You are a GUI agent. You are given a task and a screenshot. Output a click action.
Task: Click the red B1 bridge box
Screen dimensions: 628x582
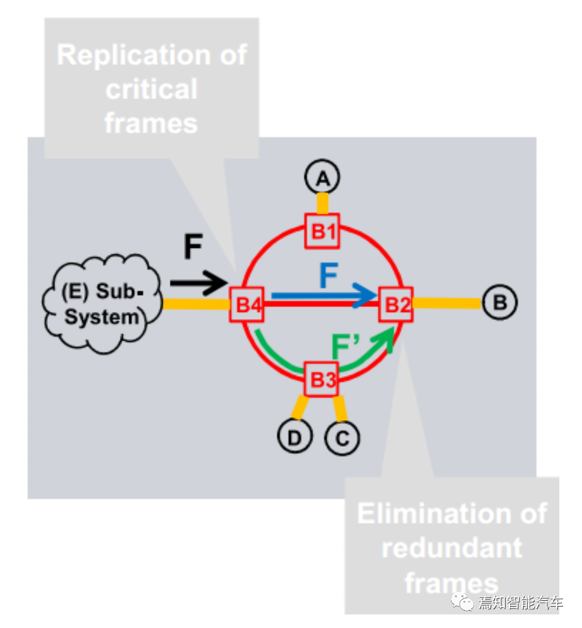tap(323, 231)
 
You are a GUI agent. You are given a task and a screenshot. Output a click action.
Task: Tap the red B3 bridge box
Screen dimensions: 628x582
tap(322, 379)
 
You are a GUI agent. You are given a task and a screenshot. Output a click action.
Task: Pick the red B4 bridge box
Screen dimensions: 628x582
tap(247, 304)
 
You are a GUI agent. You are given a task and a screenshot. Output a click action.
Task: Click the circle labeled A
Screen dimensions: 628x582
tap(322, 178)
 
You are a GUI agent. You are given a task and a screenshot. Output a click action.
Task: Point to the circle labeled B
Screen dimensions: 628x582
tap(499, 302)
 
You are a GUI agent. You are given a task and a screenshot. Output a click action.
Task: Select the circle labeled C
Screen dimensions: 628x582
tap(342, 438)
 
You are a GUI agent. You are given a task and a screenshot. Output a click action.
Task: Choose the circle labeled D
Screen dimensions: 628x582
tap(295, 438)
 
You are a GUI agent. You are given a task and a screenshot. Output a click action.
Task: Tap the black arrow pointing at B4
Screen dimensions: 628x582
tap(198, 282)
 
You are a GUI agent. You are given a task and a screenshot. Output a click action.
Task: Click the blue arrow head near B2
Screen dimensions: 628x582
tap(368, 296)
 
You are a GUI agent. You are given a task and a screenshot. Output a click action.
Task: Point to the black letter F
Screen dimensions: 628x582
tap(192, 247)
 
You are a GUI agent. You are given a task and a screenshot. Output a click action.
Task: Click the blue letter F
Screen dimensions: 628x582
tap(328, 276)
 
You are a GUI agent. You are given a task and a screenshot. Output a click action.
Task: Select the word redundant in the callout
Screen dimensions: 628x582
tap(452, 548)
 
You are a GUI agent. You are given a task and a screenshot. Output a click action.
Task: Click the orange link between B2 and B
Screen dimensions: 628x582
tap(447, 302)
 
